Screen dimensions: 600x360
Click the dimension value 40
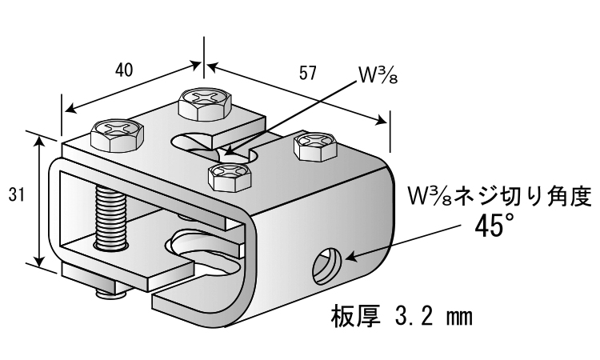(124, 70)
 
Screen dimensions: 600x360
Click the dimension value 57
(308, 73)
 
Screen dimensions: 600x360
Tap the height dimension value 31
(17, 195)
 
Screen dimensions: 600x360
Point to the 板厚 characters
(355, 316)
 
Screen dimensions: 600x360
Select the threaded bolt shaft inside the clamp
(111, 217)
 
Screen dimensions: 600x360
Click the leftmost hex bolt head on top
(117, 135)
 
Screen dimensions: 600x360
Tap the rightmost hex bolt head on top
(316, 146)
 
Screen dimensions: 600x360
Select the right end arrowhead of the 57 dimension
(381, 121)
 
